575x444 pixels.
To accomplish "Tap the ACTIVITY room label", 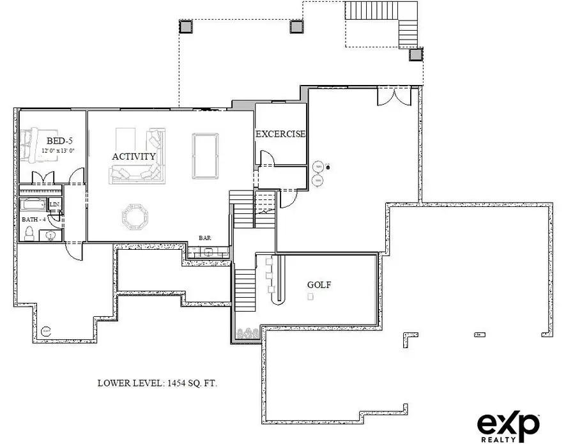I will point(134,157).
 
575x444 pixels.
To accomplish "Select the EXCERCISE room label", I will point(280,134).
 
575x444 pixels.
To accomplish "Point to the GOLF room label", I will point(319,285).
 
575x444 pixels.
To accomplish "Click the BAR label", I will point(205,238).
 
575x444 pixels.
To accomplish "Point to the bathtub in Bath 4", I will point(33,205).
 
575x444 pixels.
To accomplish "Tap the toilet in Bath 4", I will point(29,234).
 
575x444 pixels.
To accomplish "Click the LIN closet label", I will point(55,205).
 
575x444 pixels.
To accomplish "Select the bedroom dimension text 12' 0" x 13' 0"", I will point(58,150).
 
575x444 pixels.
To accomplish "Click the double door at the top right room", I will point(390,97).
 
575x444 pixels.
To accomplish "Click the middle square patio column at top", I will point(296,26).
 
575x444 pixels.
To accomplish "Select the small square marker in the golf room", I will point(310,297).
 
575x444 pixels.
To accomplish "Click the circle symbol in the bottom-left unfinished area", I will point(45,331).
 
